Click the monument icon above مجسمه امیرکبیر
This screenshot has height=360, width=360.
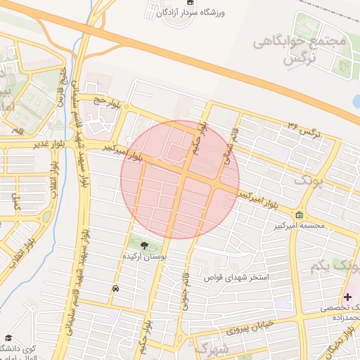coord(300,214)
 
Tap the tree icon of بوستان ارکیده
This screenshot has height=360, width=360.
coord(145,246)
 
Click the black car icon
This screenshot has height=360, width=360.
coord(115,288)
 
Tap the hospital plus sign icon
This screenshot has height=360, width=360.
coord(347,297)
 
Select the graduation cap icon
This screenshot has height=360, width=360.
coord(8,338)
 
